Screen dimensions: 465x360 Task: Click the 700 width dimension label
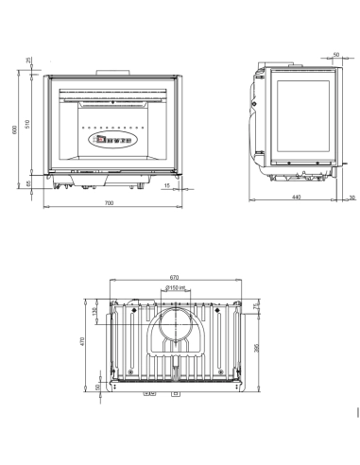pos(109,204)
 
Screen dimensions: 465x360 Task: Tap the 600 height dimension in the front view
pos(15,130)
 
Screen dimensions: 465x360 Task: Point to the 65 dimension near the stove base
pos(28,183)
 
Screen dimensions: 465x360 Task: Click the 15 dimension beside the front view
pos(166,186)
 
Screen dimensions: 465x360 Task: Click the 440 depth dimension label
pos(296,197)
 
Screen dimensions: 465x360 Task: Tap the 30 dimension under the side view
pos(351,197)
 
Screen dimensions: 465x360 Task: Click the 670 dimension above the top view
pos(173,277)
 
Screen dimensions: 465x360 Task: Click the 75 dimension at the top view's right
pos(257,306)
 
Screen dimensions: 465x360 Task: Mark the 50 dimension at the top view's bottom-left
pos(96,387)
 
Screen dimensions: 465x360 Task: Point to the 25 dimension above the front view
pos(28,61)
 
